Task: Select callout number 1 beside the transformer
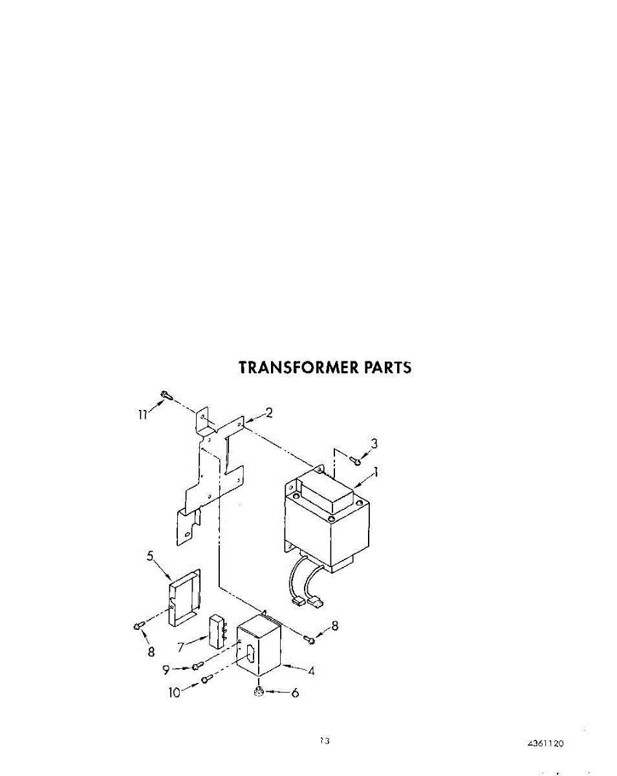point(376,473)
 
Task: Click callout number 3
point(374,444)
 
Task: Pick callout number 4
point(311,671)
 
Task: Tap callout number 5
point(149,555)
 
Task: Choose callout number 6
point(295,693)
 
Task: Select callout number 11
point(142,415)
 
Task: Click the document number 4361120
point(546,744)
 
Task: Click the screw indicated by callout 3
point(354,460)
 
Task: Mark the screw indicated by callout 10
point(206,678)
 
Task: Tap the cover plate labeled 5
point(184,598)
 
